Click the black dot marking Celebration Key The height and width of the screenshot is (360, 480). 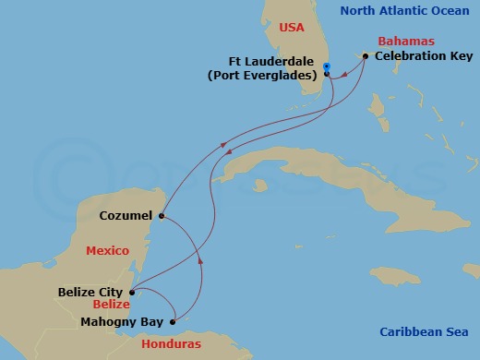366,56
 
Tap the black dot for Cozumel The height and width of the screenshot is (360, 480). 161,217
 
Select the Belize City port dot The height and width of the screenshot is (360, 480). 132,292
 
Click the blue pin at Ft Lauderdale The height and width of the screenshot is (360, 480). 327,66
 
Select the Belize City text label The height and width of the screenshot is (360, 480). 91,292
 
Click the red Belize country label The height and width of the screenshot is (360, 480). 110,304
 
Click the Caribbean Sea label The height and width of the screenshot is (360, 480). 424,332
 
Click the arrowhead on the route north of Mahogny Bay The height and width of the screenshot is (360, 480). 199,262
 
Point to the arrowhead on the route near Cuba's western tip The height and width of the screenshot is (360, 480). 222,145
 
